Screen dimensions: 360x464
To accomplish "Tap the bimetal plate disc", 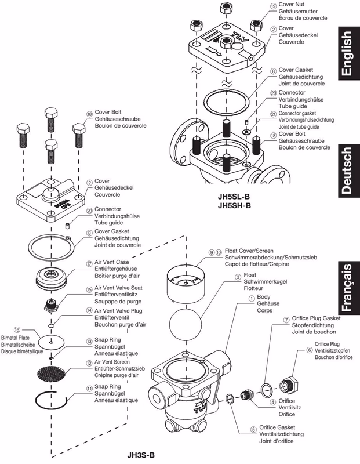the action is click(52, 342).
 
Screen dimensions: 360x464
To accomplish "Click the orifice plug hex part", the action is click(290, 385).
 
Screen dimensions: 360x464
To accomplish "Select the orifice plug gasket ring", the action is click(267, 389).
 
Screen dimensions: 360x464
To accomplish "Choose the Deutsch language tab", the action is click(349, 171).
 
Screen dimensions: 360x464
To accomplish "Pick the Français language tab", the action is click(349, 288).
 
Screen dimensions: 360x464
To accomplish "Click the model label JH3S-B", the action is click(140, 455).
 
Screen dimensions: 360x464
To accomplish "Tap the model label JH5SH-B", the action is click(234, 205).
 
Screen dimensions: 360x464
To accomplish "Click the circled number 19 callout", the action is click(273, 6).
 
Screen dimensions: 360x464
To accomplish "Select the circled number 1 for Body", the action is click(251, 298).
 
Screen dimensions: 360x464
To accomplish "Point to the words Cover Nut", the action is click(292, 5).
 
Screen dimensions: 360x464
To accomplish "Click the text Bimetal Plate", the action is click(16, 338).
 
